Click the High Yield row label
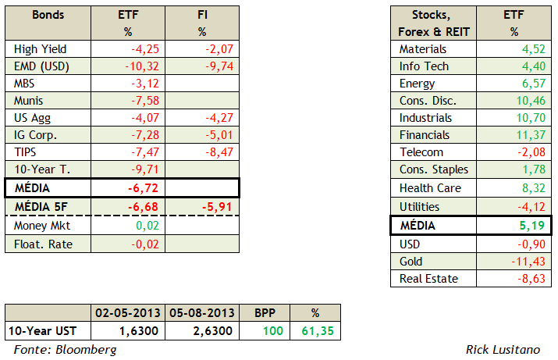[36, 49]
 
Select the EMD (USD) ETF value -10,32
[143, 66]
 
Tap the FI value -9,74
[215, 66]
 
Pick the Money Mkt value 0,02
[149, 226]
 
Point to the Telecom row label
[421, 152]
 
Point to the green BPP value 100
[274, 330]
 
